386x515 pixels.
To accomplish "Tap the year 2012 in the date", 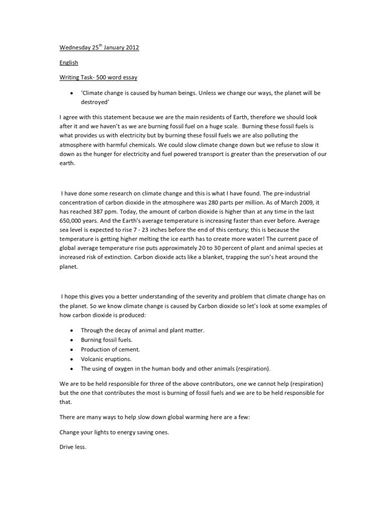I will click(x=131, y=48).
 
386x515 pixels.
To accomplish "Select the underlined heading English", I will click(x=69, y=63).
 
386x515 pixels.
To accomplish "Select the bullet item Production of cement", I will click(x=111, y=350).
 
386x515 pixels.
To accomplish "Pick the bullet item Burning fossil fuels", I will click(x=107, y=340).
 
